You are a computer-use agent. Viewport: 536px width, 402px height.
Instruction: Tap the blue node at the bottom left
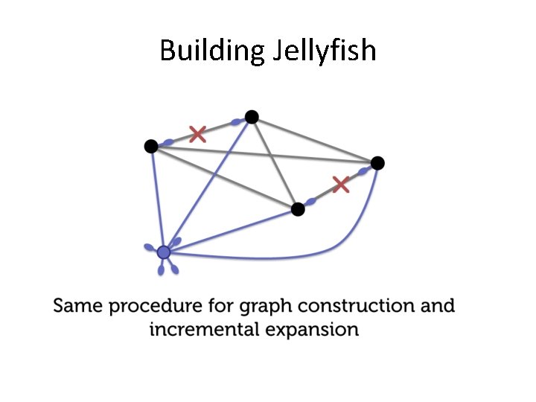pyautogui.click(x=164, y=252)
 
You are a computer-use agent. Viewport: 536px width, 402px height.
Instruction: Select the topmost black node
pyautogui.click(x=252, y=116)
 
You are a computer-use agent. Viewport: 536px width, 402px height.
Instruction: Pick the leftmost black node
pyautogui.click(x=151, y=146)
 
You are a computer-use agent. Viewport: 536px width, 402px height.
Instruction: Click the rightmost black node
pyautogui.click(x=377, y=163)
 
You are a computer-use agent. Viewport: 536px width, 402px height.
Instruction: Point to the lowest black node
pyautogui.click(x=298, y=209)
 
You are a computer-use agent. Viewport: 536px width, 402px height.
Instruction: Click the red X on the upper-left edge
pyautogui.click(x=197, y=134)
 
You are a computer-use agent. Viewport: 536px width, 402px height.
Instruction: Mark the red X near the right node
pyautogui.click(x=340, y=184)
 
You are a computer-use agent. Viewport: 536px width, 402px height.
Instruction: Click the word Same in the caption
pyautogui.click(x=76, y=306)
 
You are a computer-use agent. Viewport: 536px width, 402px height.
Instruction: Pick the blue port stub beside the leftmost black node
pyautogui.click(x=168, y=142)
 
